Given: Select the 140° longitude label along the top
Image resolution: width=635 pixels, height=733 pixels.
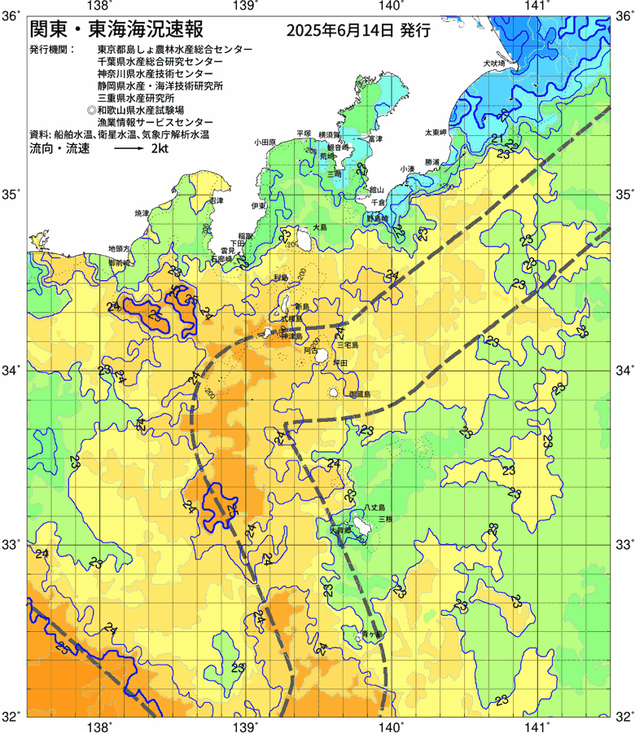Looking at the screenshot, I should pyautogui.click(x=391, y=7).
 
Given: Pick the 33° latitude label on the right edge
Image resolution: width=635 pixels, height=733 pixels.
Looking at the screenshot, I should pyautogui.click(x=624, y=545).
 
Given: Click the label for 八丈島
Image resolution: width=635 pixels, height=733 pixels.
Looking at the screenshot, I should pyautogui.click(x=374, y=507).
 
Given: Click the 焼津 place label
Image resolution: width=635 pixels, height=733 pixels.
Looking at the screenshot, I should pyautogui.click(x=142, y=212).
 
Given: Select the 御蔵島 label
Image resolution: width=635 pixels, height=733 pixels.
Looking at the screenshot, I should pyautogui.click(x=359, y=394).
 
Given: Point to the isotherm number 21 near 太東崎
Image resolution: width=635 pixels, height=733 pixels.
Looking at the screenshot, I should pyautogui.click(x=497, y=139).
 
